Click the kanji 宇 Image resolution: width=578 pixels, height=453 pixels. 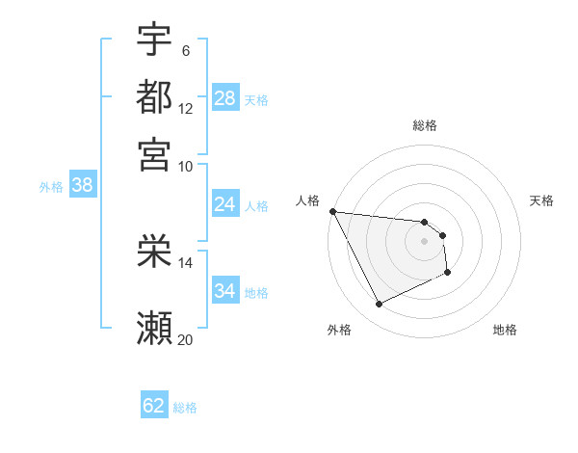coord(154,40)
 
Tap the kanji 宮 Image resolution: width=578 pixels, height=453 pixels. coord(154,153)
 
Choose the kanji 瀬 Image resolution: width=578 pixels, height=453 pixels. coord(154,328)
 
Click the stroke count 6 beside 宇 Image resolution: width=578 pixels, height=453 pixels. coord(186,51)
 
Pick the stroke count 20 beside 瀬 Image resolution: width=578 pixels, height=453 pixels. coord(186,338)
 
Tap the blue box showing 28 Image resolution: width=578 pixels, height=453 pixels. coord(225,98)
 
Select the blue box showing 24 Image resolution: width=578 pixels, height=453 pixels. coord(225,204)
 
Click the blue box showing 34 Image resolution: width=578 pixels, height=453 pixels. coord(225,291)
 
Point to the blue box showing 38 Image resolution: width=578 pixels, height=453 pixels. coord(82,186)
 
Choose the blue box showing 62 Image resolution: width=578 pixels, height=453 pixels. coord(154,406)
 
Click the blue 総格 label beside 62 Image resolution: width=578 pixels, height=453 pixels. coord(185,408)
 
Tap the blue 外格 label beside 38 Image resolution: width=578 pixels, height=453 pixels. coord(51,187)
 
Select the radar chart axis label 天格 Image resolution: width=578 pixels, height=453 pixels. coord(541,200)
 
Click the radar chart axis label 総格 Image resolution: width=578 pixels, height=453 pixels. coord(425,125)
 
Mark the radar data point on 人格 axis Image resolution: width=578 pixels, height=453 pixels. coord(332,211)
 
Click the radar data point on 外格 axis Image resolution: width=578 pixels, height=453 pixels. coord(379,305)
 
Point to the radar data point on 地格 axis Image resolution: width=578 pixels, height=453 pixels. coord(448,273)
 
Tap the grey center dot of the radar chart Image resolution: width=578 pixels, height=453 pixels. coord(424,240)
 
